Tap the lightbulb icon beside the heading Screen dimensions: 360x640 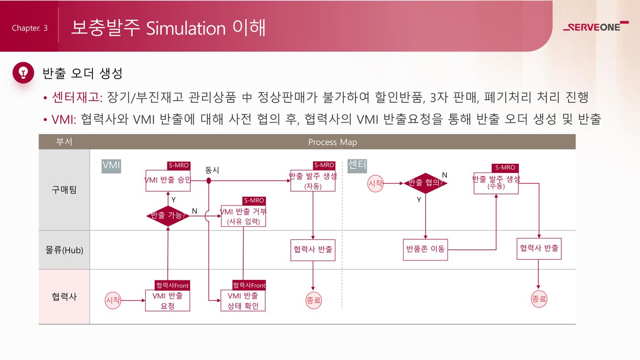23,72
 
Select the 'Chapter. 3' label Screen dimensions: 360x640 30,28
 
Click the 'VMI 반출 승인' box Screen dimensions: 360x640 168,180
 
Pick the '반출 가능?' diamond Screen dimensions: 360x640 168,215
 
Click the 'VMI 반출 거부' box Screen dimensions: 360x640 243,216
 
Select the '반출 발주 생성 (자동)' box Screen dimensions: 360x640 313,181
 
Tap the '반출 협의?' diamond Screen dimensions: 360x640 425,183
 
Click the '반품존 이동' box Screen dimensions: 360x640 425,250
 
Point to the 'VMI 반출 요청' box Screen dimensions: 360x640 167,301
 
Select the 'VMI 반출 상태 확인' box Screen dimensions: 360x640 243,301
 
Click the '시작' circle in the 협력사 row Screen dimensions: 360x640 112,301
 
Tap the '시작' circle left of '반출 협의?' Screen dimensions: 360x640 375,183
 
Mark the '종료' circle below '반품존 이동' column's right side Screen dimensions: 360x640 539,300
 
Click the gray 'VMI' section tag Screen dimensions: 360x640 111,166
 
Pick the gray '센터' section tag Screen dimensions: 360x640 357,166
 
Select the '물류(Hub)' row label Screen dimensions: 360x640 64,250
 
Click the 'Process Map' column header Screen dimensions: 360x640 332,142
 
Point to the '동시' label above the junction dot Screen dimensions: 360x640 212,170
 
